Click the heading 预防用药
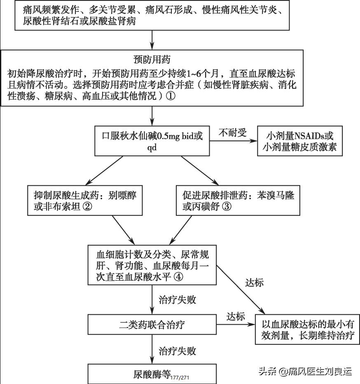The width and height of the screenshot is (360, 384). [152, 59]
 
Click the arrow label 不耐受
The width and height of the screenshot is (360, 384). [232, 132]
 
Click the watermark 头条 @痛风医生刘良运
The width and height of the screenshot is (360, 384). [305, 371]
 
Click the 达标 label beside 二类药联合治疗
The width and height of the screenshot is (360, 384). [236, 317]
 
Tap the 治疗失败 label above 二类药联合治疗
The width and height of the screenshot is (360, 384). [178, 300]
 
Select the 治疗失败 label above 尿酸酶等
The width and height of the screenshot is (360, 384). [178, 351]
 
